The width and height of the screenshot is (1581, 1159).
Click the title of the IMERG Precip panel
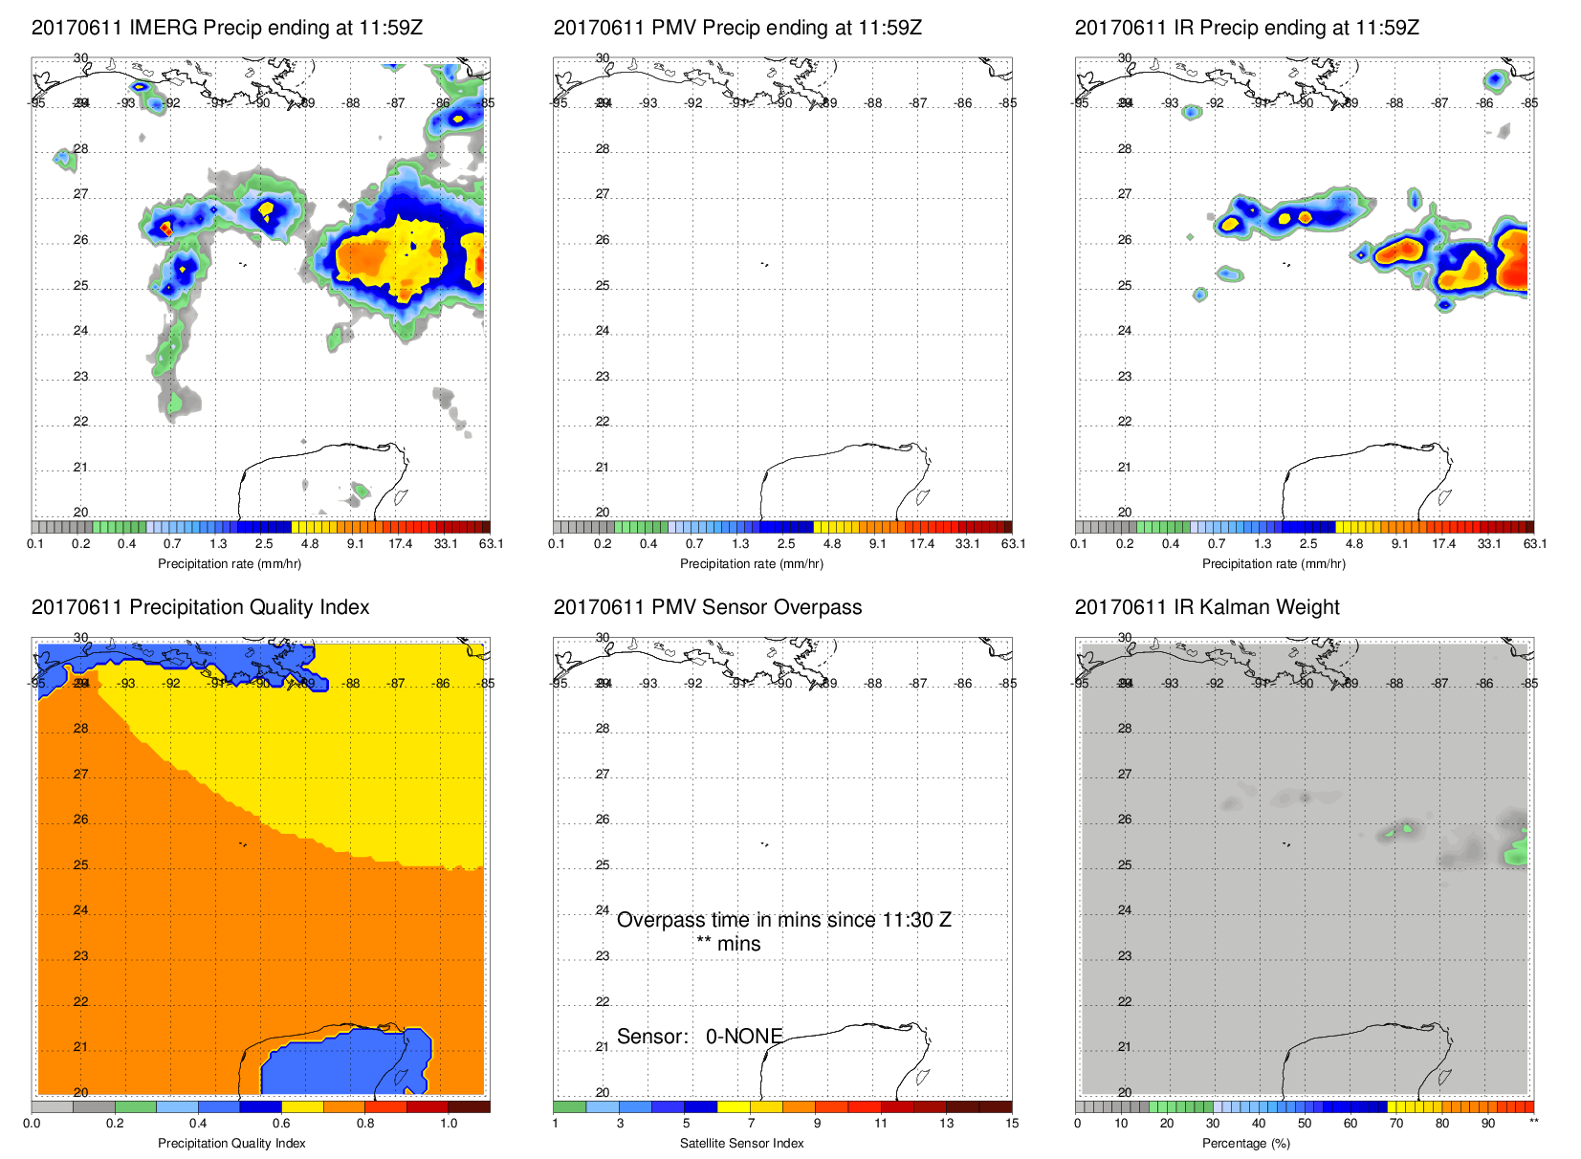click(x=227, y=28)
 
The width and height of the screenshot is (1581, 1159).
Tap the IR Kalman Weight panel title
click(x=1207, y=607)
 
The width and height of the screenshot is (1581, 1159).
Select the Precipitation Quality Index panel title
click(x=200, y=607)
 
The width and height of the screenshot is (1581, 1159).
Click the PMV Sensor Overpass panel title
click(x=708, y=607)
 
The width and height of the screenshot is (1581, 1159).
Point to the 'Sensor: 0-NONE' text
click(x=699, y=1037)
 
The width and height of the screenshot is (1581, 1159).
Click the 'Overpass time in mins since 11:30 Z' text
click(x=783, y=920)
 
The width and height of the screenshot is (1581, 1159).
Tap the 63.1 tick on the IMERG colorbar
click(x=491, y=544)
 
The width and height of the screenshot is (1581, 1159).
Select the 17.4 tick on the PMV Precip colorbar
click(x=922, y=544)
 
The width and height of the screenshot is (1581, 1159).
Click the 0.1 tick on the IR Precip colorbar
click(x=1079, y=544)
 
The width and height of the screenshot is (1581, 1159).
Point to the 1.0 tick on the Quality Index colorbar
click(x=449, y=1124)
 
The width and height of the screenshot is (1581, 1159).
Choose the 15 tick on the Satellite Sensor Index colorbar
click(x=1012, y=1124)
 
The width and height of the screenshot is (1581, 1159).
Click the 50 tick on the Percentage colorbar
click(x=1305, y=1124)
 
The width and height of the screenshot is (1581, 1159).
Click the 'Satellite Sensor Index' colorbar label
click(x=742, y=1144)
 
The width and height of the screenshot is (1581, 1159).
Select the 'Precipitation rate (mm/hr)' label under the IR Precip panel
click(x=1274, y=564)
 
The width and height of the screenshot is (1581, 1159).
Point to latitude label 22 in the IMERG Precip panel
click(x=80, y=422)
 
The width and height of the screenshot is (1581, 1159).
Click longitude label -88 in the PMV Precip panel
click(x=874, y=103)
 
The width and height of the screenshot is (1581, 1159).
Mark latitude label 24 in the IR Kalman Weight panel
click(x=1125, y=910)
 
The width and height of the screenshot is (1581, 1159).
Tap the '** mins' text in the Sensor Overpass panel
click(x=729, y=944)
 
